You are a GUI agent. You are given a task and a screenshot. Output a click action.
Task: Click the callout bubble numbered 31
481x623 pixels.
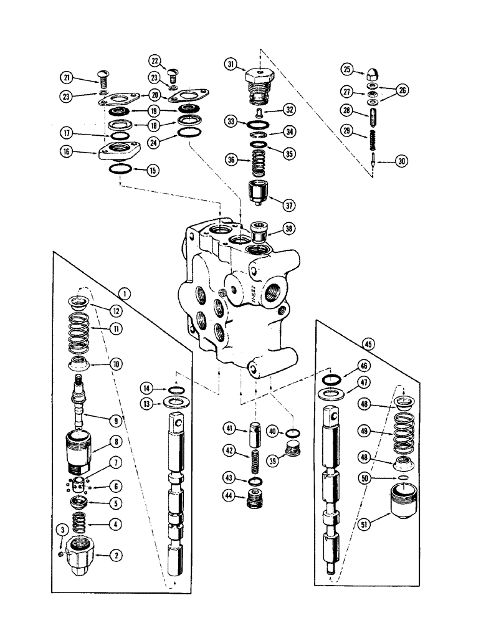click(x=231, y=64)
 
